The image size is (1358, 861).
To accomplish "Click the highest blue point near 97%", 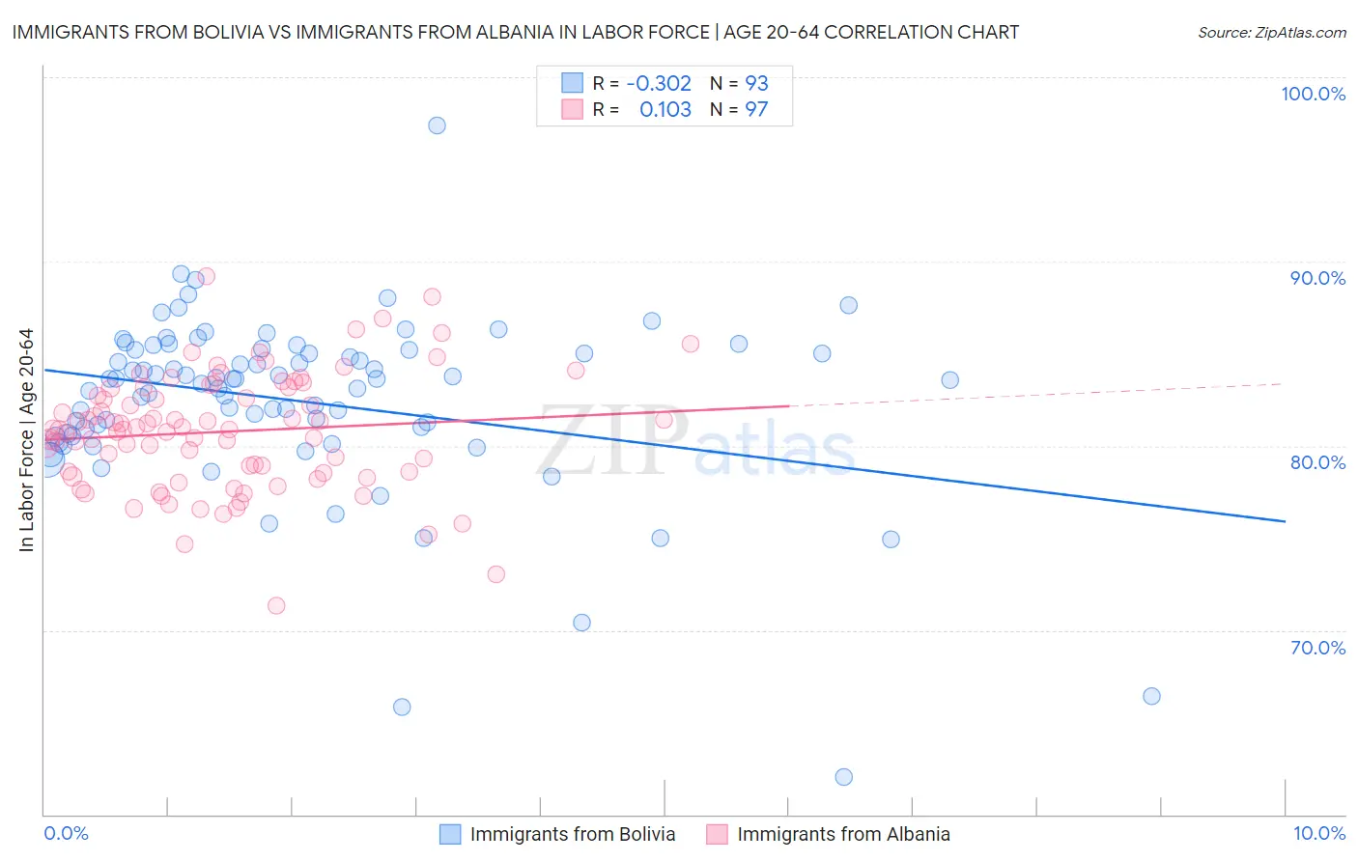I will pyautogui.click(x=437, y=125).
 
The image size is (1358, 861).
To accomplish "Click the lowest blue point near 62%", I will pyautogui.click(x=843, y=777).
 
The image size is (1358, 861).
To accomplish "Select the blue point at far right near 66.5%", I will pyautogui.click(x=1151, y=696).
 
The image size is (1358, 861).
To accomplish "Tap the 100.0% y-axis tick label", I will pyautogui.click(x=1313, y=94).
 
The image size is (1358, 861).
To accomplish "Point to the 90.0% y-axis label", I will pyautogui.click(x=1317, y=278).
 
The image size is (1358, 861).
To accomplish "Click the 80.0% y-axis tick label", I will pyautogui.click(x=1317, y=462).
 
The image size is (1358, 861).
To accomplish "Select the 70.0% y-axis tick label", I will pyautogui.click(x=1317, y=648).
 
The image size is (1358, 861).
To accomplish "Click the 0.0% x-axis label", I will pyautogui.click(x=66, y=833).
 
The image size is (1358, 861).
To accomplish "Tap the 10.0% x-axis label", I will pyautogui.click(x=1318, y=833).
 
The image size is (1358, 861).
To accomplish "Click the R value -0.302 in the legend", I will pyautogui.click(x=659, y=83).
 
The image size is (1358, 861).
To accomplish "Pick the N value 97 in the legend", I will pyautogui.click(x=756, y=109).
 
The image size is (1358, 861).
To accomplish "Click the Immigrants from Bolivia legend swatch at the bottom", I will pyautogui.click(x=450, y=834).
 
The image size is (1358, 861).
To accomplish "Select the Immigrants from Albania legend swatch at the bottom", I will pyautogui.click(x=717, y=834).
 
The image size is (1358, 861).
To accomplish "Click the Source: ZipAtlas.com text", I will pyautogui.click(x=1271, y=32).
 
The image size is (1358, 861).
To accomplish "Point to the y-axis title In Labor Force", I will pyautogui.click(x=26, y=440).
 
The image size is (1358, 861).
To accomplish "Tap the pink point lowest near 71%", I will pyautogui.click(x=276, y=606).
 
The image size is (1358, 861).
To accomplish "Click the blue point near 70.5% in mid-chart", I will pyautogui.click(x=581, y=623).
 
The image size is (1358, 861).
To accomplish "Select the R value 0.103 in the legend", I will pyautogui.click(x=665, y=109).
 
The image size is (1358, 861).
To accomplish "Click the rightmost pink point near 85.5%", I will pyautogui.click(x=690, y=344).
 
